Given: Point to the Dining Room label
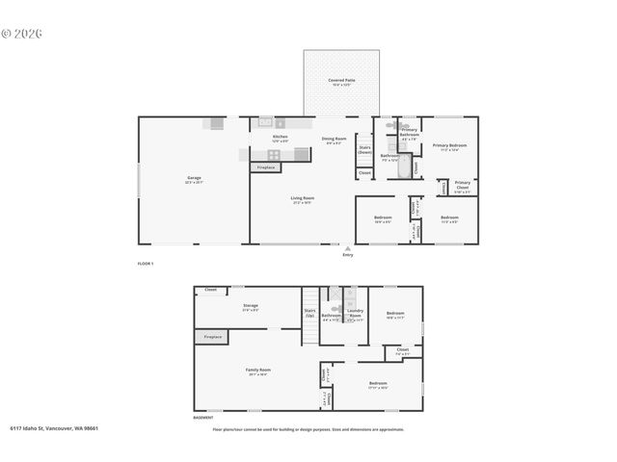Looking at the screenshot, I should point(334,140).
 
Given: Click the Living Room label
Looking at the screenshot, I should point(303,199).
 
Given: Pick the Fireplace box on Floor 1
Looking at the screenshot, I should point(266,167).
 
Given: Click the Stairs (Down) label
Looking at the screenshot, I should point(364,150).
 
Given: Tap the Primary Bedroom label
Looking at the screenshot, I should point(449,146).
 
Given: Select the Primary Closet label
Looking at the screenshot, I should point(463,184).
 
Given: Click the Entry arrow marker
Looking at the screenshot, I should point(347,248).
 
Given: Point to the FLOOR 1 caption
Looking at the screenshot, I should point(146,263).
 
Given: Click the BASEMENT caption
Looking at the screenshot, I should point(202,418).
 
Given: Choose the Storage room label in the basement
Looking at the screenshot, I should point(250,307).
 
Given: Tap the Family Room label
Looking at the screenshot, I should point(257,372).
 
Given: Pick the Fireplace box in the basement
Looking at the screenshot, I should point(212,337).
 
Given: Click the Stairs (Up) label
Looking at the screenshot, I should point(309,313).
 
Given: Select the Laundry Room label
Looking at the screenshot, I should point(354,314).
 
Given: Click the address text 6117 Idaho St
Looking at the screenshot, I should point(54,428).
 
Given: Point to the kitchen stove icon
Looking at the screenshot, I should point(274,154).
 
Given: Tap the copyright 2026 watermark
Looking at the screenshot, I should point(21,33).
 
